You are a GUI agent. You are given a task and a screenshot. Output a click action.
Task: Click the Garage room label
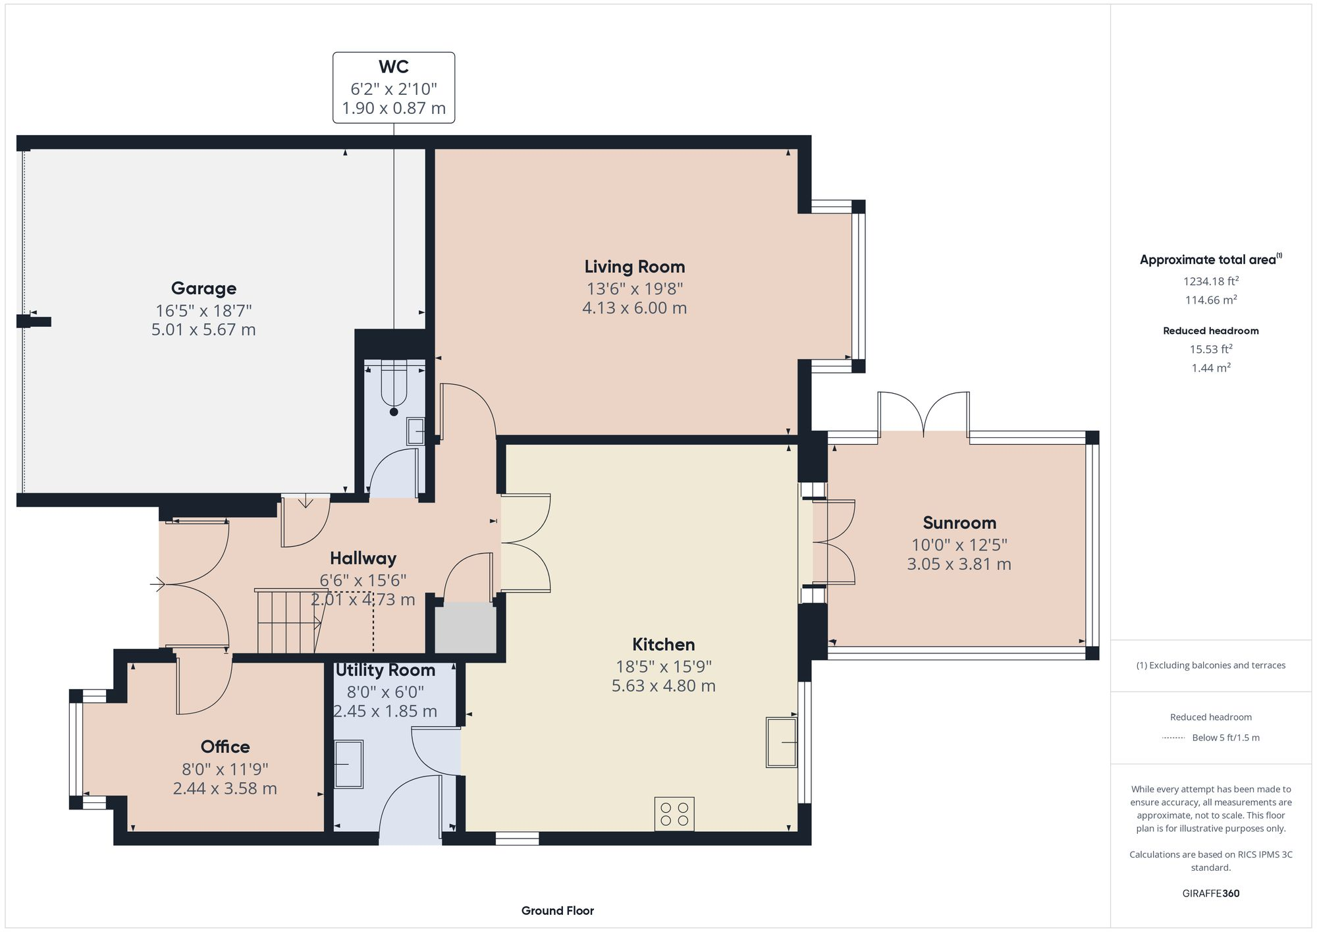point(203,288)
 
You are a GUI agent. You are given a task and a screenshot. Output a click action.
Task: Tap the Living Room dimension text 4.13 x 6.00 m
point(634,308)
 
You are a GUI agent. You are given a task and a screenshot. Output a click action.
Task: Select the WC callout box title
point(393,67)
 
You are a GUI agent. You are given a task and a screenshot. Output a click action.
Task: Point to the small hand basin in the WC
point(416,431)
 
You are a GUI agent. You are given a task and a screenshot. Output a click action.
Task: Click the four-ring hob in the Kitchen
point(674,813)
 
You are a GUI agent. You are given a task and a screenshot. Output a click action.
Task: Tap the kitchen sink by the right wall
point(781,742)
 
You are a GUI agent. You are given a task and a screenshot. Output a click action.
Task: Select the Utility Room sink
point(348,764)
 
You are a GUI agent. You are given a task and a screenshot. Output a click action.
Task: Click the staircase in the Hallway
point(288,622)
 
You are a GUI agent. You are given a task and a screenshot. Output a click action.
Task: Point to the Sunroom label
point(959,523)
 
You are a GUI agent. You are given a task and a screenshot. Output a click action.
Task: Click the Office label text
point(225,746)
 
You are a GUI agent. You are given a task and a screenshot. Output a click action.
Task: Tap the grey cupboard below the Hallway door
point(466,628)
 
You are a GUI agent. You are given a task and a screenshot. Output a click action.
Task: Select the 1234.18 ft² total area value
point(1210,281)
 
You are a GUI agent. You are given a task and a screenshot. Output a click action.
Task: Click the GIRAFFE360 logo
point(1210,893)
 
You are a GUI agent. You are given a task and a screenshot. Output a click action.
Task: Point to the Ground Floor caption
point(557,911)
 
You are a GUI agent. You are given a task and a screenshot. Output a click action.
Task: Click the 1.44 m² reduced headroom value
point(1210,368)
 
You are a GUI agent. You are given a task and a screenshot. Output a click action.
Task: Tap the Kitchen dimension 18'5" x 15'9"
point(663,667)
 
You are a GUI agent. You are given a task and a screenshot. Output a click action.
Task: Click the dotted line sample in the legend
point(1173,738)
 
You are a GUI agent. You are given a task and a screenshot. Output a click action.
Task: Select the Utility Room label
point(385,671)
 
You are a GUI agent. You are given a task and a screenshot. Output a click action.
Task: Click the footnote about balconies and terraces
point(1210,665)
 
